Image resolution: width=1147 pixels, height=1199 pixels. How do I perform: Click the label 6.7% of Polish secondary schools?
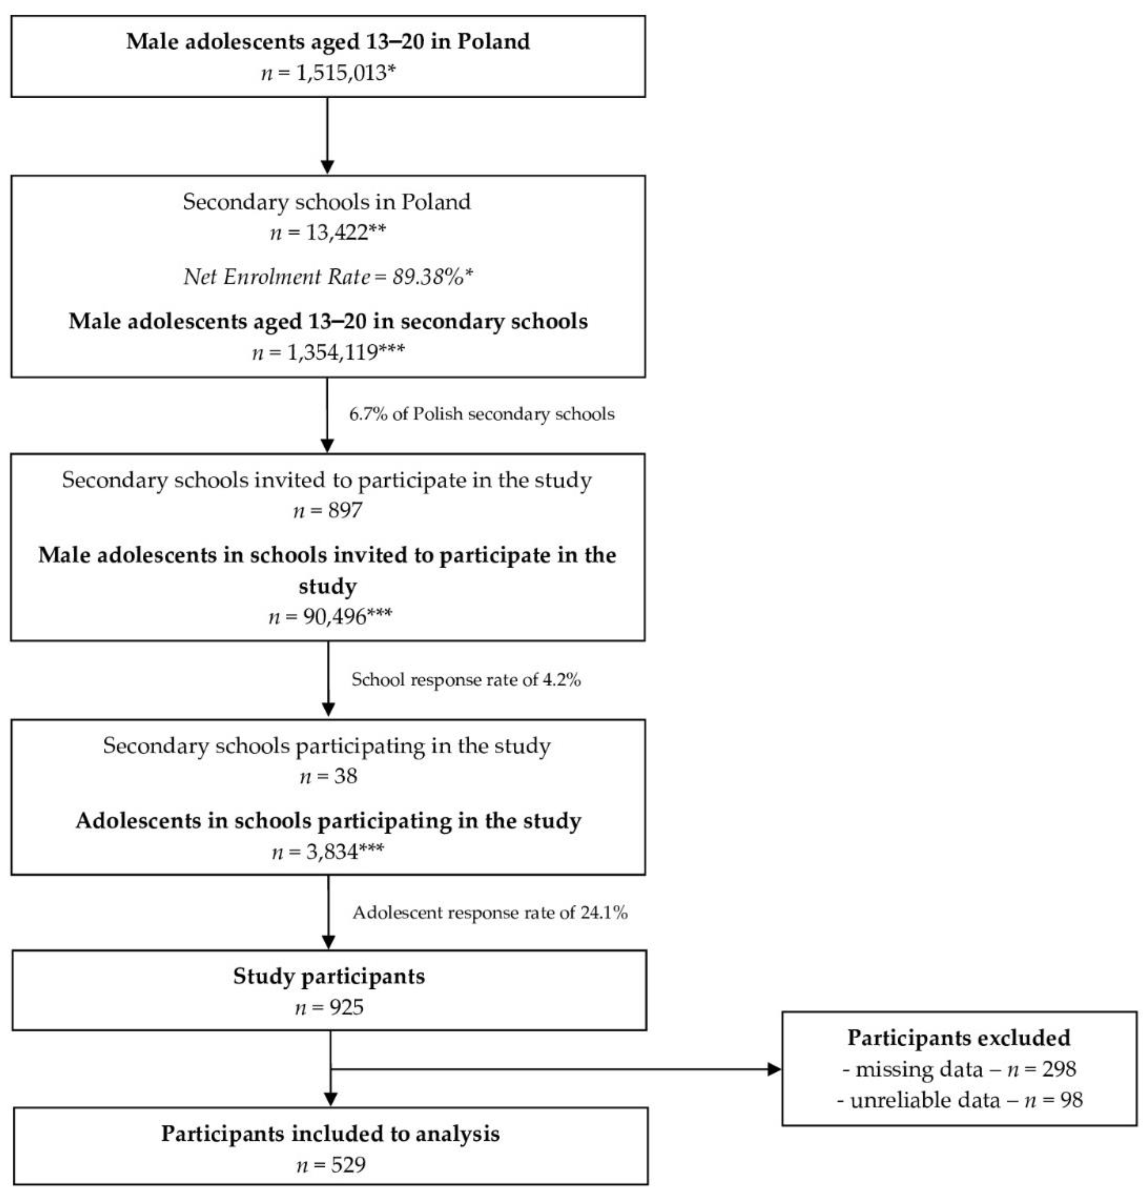481,414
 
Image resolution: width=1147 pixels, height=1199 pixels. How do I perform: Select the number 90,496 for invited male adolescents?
334,616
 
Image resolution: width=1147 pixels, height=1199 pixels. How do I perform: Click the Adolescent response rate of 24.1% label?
490,913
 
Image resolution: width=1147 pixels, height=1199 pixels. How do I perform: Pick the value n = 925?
329,1007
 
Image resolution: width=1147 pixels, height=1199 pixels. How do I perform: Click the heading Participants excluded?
959,1038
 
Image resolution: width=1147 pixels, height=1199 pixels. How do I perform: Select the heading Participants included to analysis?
330,1133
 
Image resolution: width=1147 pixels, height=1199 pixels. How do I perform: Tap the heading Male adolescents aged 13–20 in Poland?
328,42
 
